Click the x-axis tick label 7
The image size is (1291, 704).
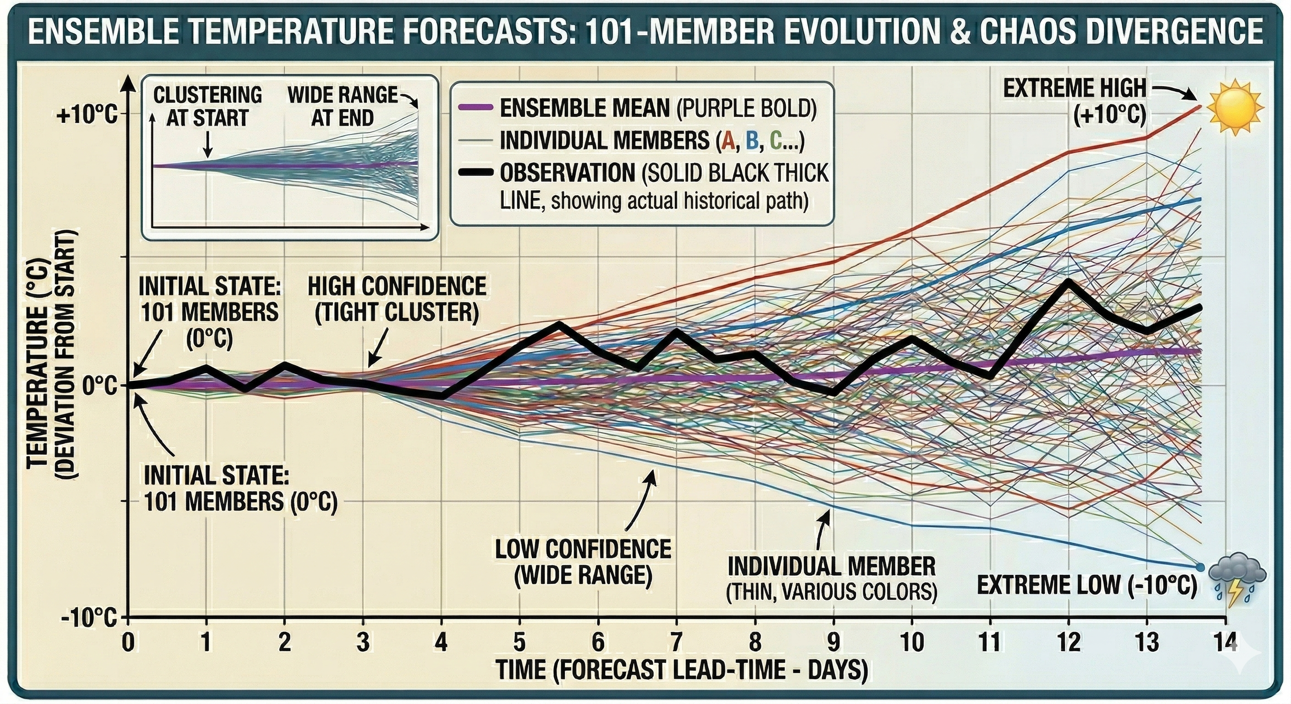676,642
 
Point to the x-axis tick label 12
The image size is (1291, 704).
1068,642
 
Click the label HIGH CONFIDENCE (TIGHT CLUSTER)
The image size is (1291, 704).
397,299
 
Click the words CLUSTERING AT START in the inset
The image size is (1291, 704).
208,106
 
